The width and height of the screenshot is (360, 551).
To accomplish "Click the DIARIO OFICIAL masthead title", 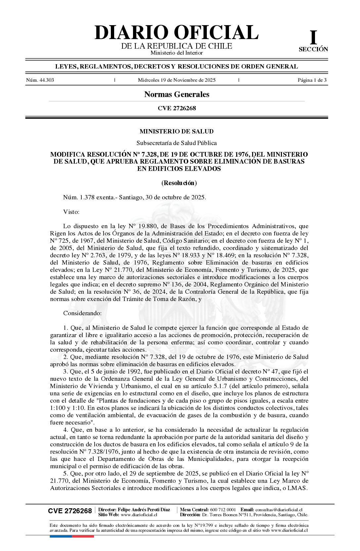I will click(176, 32).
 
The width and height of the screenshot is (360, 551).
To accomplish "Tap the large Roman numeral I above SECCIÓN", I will click(313, 37).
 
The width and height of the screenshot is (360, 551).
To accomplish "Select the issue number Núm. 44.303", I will click(40, 80).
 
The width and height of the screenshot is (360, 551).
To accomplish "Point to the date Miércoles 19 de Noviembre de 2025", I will click(177, 80).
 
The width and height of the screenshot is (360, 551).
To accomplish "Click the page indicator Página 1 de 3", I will click(312, 80).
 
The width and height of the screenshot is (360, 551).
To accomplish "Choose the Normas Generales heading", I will click(177, 94).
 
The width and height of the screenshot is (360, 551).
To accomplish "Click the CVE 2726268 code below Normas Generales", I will click(177, 108).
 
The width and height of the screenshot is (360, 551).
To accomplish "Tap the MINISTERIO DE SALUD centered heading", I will click(177, 131).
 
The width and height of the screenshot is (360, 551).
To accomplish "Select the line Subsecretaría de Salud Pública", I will click(177, 143).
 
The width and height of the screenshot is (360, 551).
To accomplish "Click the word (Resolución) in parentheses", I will click(179, 183).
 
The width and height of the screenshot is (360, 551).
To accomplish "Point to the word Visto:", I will click(71, 212).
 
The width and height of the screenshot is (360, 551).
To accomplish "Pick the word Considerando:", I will click(82, 313).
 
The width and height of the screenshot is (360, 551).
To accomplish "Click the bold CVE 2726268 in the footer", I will click(70, 511).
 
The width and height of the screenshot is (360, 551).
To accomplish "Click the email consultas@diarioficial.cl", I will click(279, 510).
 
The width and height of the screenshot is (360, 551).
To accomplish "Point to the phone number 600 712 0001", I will click(223, 510).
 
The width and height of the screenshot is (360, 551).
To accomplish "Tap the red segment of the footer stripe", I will click(83, 536).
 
